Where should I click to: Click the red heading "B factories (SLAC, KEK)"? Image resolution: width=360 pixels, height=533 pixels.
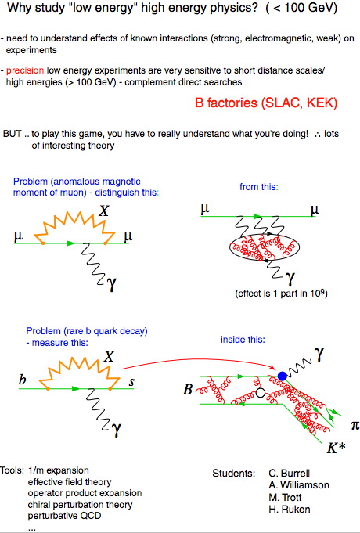point(266,103)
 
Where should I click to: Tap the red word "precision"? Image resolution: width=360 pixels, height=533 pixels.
point(25,70)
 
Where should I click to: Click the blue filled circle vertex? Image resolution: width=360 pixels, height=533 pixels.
point(283,376)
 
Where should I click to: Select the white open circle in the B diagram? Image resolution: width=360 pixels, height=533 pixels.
point(261,393)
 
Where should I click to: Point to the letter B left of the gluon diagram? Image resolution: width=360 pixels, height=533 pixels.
point(188,390)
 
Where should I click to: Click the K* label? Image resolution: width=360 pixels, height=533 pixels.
point(336,448)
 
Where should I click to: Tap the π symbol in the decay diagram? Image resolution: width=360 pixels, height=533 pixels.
point(355,425)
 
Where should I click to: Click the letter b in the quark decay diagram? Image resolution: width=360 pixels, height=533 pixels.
point(23,379)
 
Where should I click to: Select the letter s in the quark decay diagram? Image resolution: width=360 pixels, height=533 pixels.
point(131,383)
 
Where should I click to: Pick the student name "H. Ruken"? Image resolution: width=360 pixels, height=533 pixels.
point(290,510)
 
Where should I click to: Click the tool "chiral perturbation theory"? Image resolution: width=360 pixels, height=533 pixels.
point(81,505)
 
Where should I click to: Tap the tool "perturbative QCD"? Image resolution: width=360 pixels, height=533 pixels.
point(65,516)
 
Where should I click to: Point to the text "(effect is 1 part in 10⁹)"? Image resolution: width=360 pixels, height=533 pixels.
point(281,294)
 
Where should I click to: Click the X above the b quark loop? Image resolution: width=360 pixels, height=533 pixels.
point(109,357)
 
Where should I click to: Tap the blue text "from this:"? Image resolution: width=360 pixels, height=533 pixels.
point(259,186)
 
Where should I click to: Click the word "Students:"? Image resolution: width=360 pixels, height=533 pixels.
point(234,474)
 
